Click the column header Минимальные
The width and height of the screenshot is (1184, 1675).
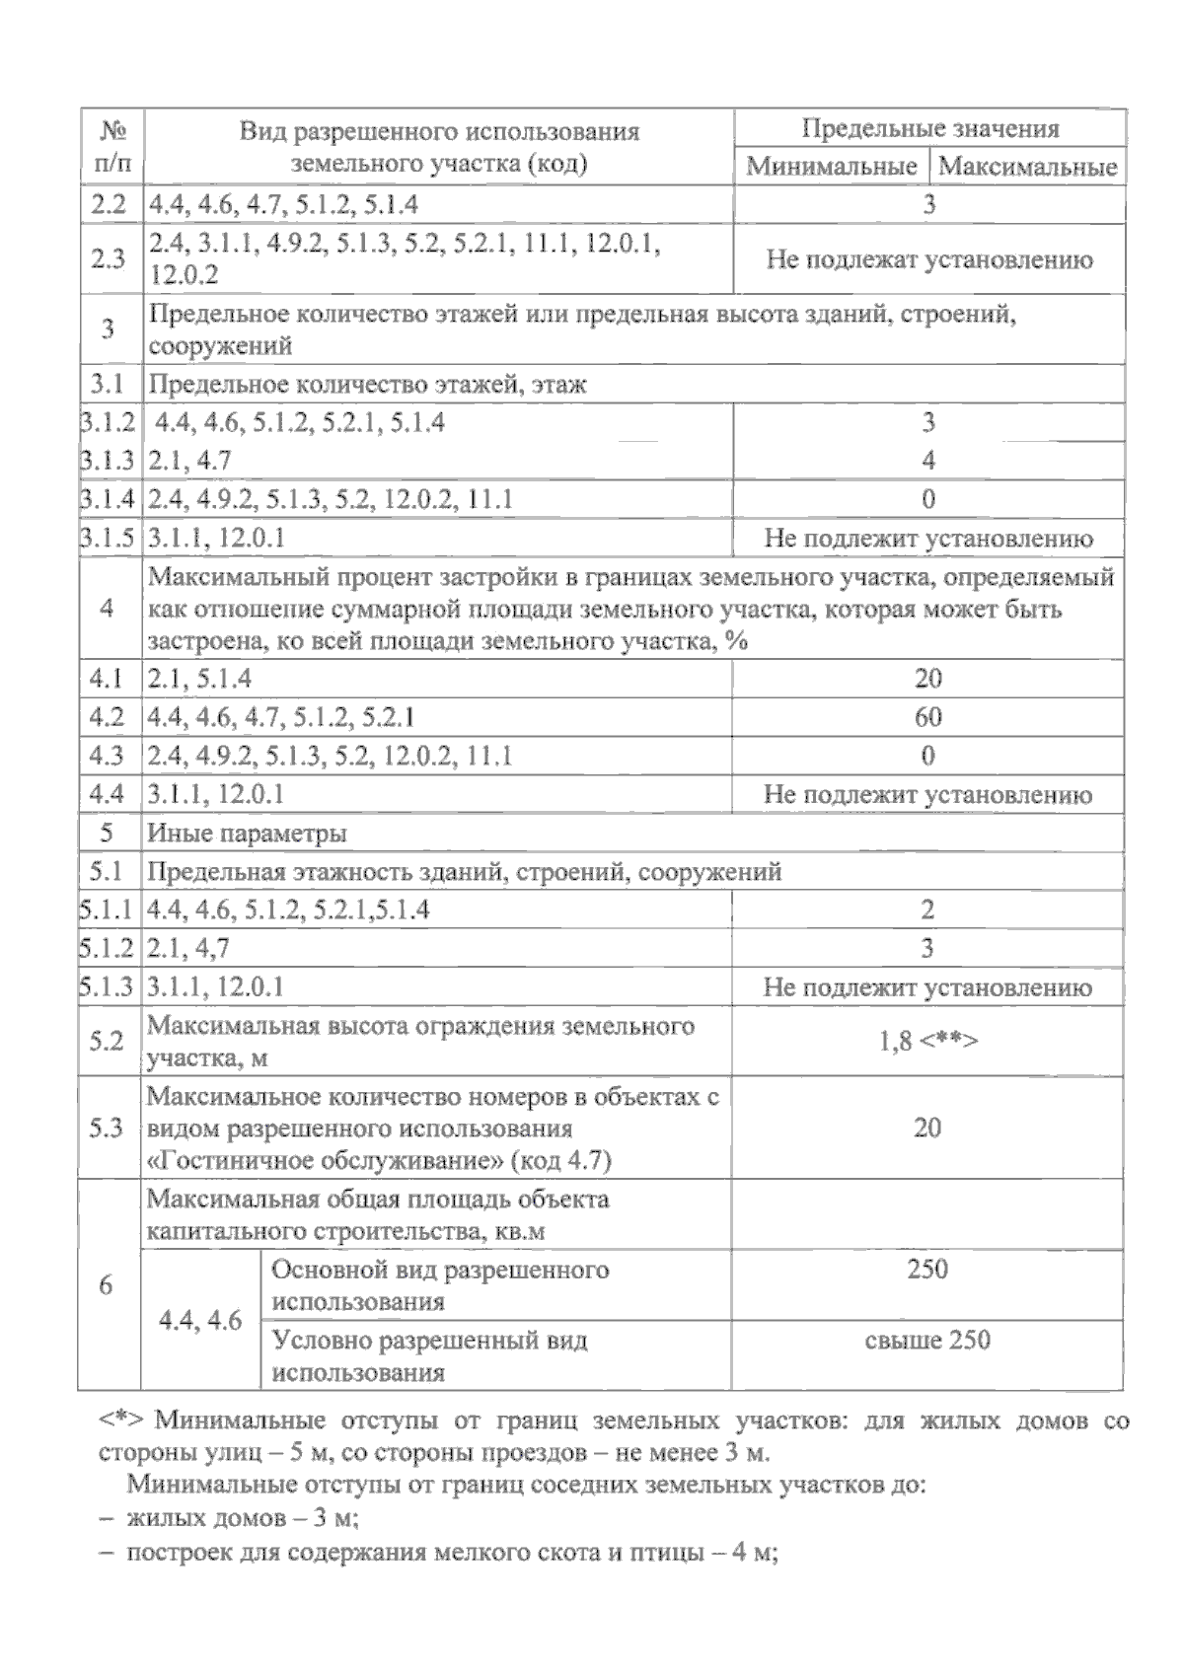point(831,166)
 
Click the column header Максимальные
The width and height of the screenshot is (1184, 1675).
point(1027,166)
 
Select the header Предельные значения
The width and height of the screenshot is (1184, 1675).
point(929,129)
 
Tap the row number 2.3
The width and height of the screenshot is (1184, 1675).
point(109,259)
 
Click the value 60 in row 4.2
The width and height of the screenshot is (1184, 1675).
point(927,717)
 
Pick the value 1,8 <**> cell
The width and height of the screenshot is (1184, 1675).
point(927,1042)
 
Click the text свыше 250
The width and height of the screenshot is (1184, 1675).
point(927,1340)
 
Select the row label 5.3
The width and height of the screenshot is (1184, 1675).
point(107,1128)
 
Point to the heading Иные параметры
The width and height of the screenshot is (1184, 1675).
point(247,834)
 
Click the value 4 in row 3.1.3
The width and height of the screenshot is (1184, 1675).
point(927,461)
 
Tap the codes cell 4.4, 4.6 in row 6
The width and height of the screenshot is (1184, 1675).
point(200,1321)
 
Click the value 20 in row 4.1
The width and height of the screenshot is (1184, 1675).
point(927,679)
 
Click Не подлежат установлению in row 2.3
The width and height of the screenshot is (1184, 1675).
point(928,260)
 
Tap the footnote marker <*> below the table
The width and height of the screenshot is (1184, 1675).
point(121,1421)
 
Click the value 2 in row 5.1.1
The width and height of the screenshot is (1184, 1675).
point(927,910)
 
